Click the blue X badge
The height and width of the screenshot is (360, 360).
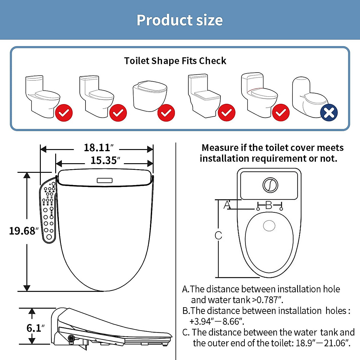[x=329, y=113]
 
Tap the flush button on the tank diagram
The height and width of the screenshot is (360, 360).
[x=270, y=185]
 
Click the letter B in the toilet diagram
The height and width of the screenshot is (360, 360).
[x=269, y=205]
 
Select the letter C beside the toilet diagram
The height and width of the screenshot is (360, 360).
[x=218, y=235]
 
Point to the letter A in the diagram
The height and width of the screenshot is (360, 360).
[x=227, y=205]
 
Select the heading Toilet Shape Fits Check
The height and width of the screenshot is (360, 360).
[x=175, y=61]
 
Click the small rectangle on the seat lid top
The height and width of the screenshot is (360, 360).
[x=105, y=180]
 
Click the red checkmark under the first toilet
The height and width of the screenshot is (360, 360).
[x=64, y=113]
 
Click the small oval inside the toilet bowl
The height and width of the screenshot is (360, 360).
[x=269, y=226]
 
